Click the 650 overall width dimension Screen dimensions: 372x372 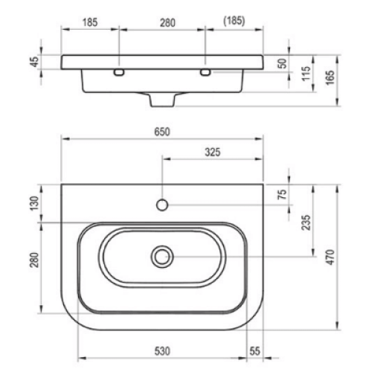[x=162, y=132]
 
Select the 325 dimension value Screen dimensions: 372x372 [x=213, y=152]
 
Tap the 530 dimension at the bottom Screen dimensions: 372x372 [x=162, y=351]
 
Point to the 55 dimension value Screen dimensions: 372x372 [x=254, y=351]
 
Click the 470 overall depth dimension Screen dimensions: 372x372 [x=330, y=257]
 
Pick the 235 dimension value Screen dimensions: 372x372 [x=306, y=222]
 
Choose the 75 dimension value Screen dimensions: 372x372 [x=283, y=194]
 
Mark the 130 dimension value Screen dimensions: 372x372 [x=34, y=203]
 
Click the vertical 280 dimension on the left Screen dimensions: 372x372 [x=34, y=260]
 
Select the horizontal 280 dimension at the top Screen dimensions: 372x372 [x=167, y=23]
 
